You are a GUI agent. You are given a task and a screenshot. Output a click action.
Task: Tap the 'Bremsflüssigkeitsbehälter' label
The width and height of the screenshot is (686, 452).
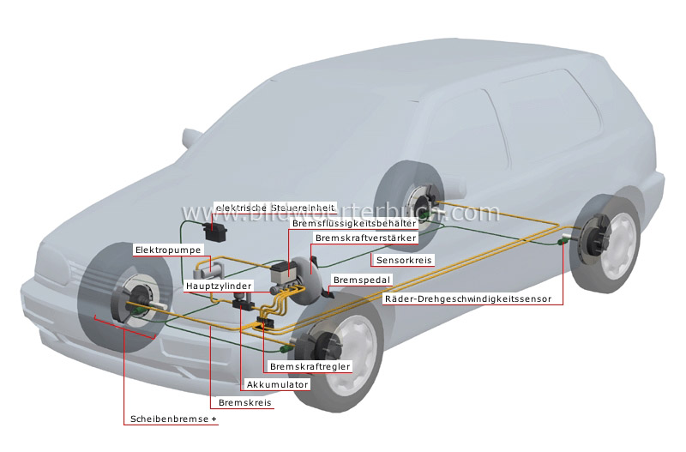pos(354,223)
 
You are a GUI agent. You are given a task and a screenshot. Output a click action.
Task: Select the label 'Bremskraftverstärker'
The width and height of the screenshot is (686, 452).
pos(365,238)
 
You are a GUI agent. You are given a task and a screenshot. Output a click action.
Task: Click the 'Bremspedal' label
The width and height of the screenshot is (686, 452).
pos(361,280)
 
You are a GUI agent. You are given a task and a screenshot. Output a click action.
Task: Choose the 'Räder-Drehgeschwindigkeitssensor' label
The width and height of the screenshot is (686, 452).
pos(472,299)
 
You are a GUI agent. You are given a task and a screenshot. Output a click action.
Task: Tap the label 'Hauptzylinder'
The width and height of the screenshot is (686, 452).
pos(218,286)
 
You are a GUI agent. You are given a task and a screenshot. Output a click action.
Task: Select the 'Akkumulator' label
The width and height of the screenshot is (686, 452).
pos(276,384)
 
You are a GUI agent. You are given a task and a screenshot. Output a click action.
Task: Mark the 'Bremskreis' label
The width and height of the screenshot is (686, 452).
pos(241,402)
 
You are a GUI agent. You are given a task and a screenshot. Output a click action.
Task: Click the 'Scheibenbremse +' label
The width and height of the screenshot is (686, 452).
pos(172,420)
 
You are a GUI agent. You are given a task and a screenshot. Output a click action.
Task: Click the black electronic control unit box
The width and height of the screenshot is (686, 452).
pos(214,231)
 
